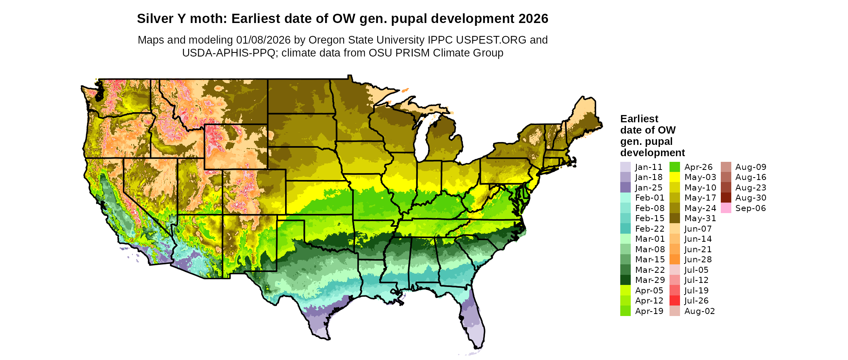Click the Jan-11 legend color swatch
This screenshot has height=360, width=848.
point(625,167)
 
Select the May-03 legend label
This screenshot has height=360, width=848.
point(700,177)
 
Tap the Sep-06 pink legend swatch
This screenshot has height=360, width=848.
point(726,208)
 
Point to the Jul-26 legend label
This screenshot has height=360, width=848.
point(696,301)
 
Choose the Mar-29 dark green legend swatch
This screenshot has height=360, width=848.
point(625,280)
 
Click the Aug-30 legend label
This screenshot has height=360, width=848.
point(751,198)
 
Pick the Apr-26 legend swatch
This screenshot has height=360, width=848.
point(675,167)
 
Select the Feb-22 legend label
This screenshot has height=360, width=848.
point(650,229)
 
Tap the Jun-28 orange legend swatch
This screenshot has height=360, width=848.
point(675,260)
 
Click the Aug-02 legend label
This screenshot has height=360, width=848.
point(699,311)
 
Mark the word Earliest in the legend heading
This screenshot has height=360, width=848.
point(639,119)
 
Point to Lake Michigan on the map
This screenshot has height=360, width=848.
point(422,137)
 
